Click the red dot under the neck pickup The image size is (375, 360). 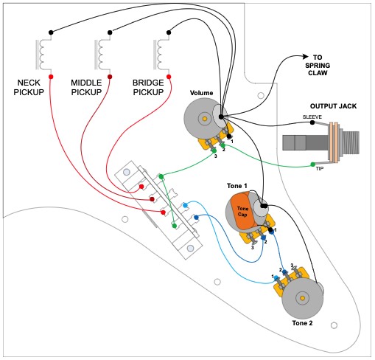50,77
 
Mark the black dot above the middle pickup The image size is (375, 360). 110,32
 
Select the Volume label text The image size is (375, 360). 201,93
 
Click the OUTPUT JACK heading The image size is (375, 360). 334,106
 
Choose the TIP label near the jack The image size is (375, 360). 319,169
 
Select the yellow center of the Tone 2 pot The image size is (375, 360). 303,299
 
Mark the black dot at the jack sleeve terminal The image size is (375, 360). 312,124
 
